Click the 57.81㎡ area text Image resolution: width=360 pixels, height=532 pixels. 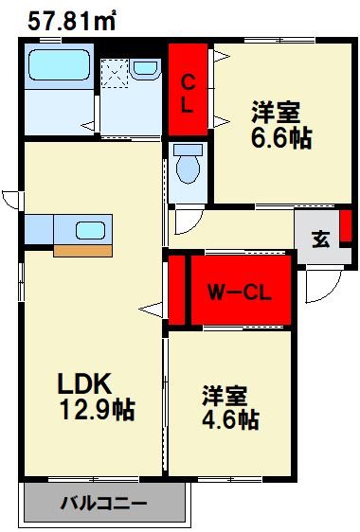tap(71, 21)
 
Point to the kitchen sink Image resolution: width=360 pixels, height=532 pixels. tap(90, 230)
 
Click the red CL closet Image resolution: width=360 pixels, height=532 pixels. tap(189, 90)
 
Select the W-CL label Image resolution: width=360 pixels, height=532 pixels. tap(240, 292)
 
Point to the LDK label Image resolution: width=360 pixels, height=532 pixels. tap(86, 383)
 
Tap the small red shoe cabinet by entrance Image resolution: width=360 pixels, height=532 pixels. tap(346, 227)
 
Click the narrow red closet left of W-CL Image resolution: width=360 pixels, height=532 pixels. tap(175, 289)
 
